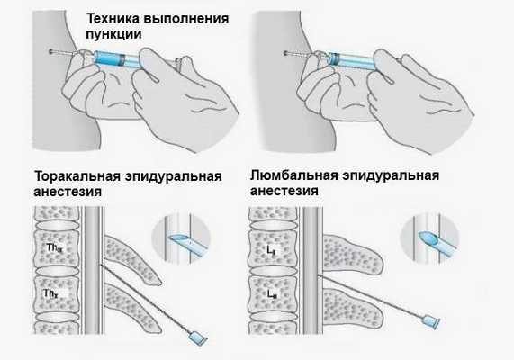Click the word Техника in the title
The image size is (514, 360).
pos(114,20)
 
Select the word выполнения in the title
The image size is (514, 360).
pos(187,20)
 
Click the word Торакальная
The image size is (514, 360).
pos(74,175)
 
